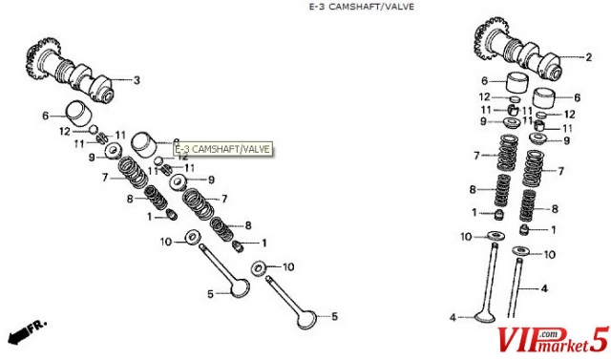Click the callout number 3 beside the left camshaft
coord(137,80)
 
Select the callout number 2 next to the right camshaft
coord(588,57)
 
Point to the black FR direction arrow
coord(19,334)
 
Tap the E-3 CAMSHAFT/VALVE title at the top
coord(362,7)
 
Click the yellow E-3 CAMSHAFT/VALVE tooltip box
coord(222,149)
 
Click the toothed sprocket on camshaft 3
coord(40,59)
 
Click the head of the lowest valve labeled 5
coord(310,320)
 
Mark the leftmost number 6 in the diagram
coord(46,116)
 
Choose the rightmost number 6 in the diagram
coord(577,97)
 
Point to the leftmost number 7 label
coord(105,178)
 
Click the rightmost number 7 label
coord(560,171)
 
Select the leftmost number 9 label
coord(92,158)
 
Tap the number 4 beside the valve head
coord(453,318)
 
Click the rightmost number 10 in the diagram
coord(549,255)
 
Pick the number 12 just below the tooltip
coord(182,157)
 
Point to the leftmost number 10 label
coord(165,242)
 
